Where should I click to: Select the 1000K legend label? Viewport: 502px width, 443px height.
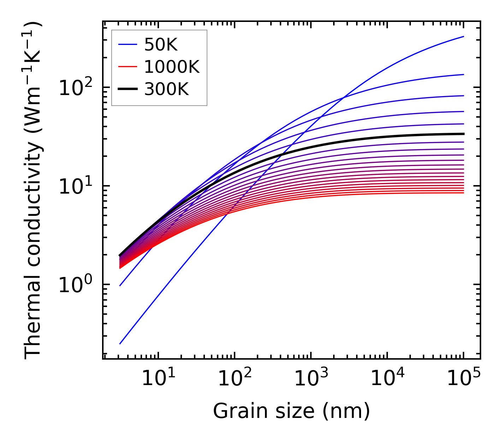[172, 67]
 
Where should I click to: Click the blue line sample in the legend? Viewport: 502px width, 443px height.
[127, 45]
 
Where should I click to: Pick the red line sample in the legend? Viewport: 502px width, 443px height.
[127, 67]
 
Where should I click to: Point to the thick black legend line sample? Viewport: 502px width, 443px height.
[127, 89]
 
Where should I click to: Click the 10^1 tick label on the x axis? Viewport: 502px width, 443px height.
[159, 378]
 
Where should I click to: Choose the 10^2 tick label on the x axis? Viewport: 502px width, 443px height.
[235, 378]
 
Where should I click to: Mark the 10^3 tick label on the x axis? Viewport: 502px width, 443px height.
[311, 378]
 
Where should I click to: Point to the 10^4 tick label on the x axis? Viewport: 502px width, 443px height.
[388, 378]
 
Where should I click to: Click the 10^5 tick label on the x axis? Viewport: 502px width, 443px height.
[464, 378]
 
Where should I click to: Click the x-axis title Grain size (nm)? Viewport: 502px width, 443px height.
[291, 411]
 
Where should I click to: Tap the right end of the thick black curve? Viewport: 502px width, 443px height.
[463, 134]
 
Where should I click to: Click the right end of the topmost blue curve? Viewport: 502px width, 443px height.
[463, 36]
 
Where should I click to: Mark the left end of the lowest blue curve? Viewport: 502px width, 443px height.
[120, 343]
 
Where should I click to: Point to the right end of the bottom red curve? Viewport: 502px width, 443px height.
[463, 193]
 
